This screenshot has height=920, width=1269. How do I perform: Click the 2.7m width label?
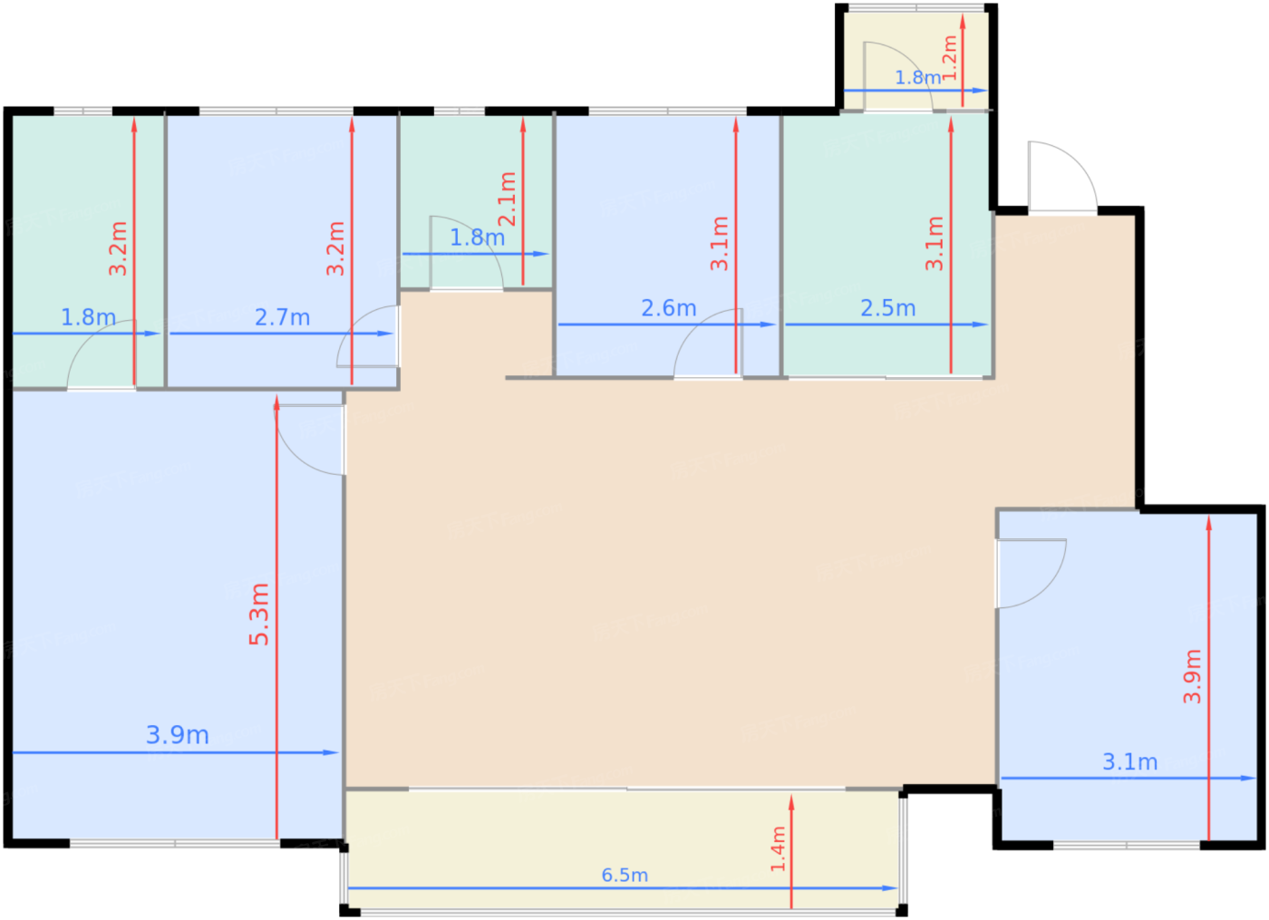coord(282,318)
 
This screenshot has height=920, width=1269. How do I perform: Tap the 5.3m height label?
coord(259,615)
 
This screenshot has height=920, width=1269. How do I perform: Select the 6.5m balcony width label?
coord(625,876)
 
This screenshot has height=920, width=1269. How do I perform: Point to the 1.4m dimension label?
coord(779,848)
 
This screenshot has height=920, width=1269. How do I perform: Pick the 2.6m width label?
coord(669,308)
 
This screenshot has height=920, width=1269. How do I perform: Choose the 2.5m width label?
coord(887,308)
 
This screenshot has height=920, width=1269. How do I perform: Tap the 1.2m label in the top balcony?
coord(950,58)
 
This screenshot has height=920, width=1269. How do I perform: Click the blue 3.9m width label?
coord(178,735)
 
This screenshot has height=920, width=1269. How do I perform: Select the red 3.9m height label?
coord(1192,676)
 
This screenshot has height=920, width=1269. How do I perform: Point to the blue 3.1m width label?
coord(1129,762)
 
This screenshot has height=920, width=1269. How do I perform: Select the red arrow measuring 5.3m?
coord(276,617)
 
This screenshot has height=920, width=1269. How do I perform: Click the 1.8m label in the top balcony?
coord(917,78)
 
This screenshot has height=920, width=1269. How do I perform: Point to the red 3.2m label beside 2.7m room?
coord(335,248)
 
